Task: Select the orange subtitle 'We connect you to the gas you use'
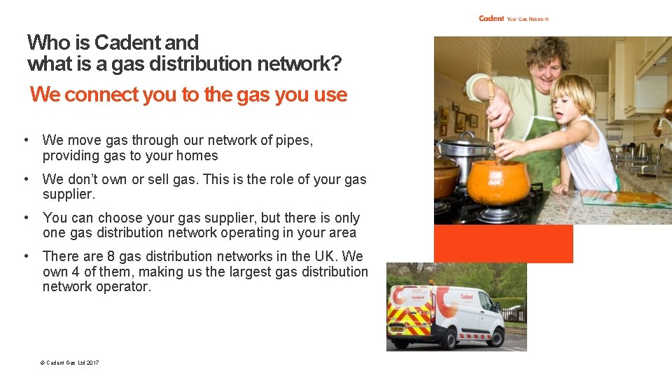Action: point(188,94)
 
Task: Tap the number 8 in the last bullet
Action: point(111,256)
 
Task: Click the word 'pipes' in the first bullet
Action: point(293,141)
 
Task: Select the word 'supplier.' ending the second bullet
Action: point(69,194)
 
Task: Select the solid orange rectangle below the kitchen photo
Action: point(503,244)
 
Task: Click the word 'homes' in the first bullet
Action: point(197,156)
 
